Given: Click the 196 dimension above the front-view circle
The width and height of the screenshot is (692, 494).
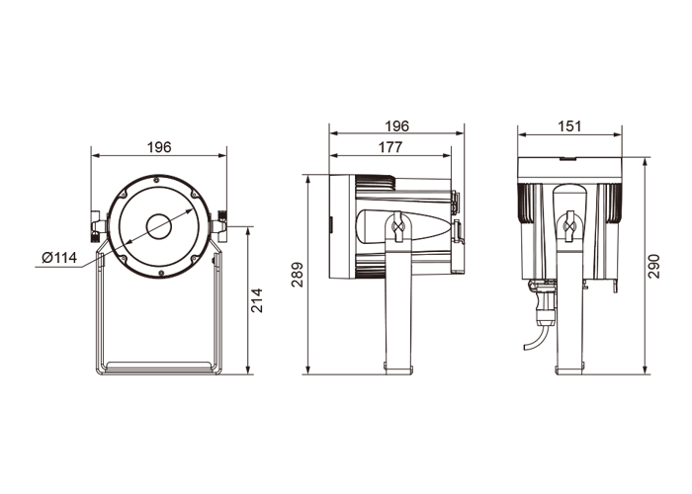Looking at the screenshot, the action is coord(159,147).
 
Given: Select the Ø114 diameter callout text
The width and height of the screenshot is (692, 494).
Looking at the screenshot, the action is coord(59,257).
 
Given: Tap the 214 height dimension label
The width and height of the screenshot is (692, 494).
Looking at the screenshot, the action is coord(256,300).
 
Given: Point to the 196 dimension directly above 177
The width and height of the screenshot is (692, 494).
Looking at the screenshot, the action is coord(396,126).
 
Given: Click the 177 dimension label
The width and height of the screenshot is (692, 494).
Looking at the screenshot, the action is coord(390,147).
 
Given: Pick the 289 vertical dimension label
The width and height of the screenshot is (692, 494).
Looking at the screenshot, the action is coord(297,275).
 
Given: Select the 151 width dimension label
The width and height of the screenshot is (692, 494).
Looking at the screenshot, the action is coord(569,126).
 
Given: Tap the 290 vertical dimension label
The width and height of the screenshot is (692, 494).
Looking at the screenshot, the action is coord(654,266).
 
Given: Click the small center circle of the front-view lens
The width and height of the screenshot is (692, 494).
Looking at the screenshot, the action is coord(159,226).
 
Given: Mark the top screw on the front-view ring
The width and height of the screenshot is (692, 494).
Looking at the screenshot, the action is coord(156,179).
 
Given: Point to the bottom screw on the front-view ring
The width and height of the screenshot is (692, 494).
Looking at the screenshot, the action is coord(161,274).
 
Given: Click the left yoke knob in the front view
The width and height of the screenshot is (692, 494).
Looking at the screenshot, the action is coord(98,226).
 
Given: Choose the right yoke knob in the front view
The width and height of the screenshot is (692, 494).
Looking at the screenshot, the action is coord(219,226).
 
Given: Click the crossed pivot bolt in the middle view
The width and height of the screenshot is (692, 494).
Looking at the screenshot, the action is coord(398,226).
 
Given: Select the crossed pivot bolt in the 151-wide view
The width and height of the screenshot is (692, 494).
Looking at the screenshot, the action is coord(570,226).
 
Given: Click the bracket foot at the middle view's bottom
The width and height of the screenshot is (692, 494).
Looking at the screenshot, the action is coord(398,369).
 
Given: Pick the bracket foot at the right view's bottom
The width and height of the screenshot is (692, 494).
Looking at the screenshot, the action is coord(569,369).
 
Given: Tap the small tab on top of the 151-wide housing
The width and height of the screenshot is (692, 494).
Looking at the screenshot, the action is coord(568,158).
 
